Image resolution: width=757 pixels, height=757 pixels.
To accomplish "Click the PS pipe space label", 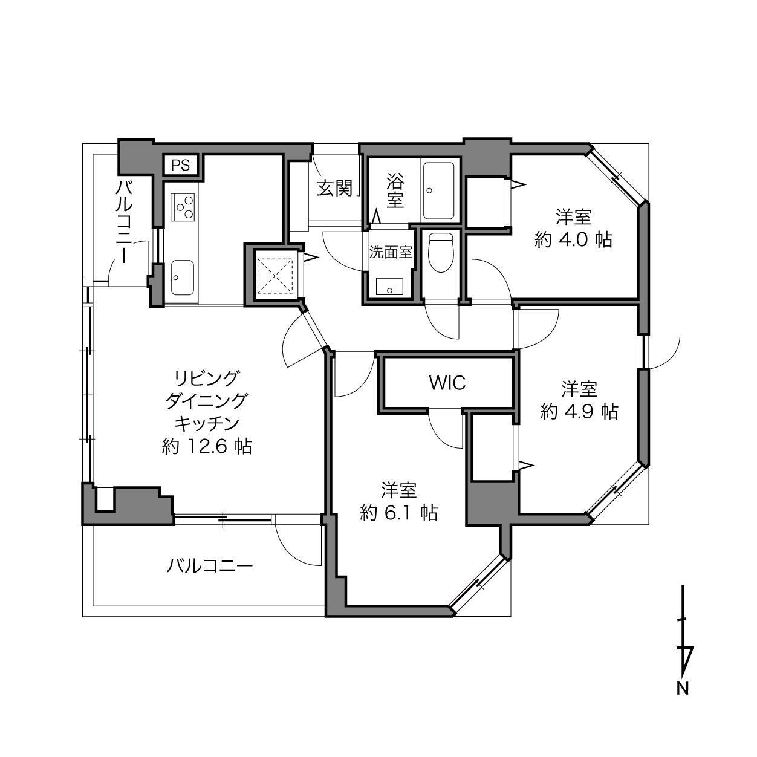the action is pyautogui.click(x=181, y=166).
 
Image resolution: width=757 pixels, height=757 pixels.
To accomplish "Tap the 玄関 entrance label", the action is pyautogui.click(x=335, y=188).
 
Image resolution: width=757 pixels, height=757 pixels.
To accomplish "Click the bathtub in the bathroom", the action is pyautogui.click(x=438, y=191).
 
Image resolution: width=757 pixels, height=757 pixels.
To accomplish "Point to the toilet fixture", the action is pyautogui.click(x=441, y=252).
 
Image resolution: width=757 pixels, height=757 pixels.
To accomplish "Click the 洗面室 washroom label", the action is pyautogui.click(x=391, y=252).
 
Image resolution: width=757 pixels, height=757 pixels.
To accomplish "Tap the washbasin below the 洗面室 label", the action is pyautogui.click(x=389, y=287).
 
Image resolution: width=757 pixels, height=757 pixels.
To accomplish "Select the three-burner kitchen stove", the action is pyautogui.click(x=183, y=207).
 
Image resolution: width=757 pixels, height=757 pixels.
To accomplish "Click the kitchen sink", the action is pyautogui.click(x=182, y=278).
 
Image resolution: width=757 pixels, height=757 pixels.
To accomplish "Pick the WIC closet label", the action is pyautogui.click(x=447, y=383).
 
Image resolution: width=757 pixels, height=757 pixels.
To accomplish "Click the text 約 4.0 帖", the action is pyautogui.click(x=574, y=239).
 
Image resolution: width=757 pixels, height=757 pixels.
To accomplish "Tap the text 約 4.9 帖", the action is pyautogui.click(x=579, y=412).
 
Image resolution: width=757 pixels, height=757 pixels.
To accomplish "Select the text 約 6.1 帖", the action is pyautogui.click(x=398, y=513).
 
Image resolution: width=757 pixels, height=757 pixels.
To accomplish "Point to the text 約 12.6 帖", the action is pyautogui.click(x=207, y=446).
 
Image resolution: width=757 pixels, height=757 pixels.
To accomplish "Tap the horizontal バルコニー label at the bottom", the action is pyautogui.click(x=209, y=566).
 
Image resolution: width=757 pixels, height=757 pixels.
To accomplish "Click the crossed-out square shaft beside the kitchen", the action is pyautogui.click(x=275, y=276).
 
